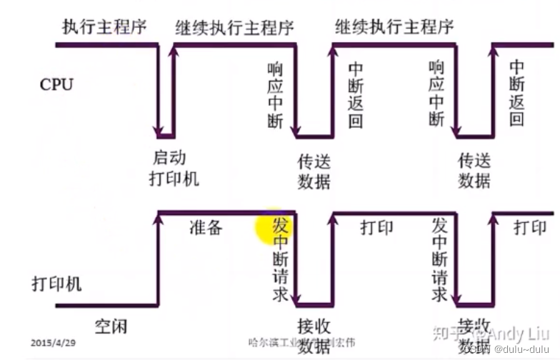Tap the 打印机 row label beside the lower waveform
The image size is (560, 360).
point(56,283)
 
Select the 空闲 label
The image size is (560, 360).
point(111,327)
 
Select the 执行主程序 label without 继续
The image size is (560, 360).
point(104,28)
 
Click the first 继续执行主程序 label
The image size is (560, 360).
point(235,28)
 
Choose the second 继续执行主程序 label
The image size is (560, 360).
point(394,28)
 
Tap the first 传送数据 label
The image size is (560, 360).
point(314,171)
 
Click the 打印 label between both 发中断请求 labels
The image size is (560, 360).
point(376,228)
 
